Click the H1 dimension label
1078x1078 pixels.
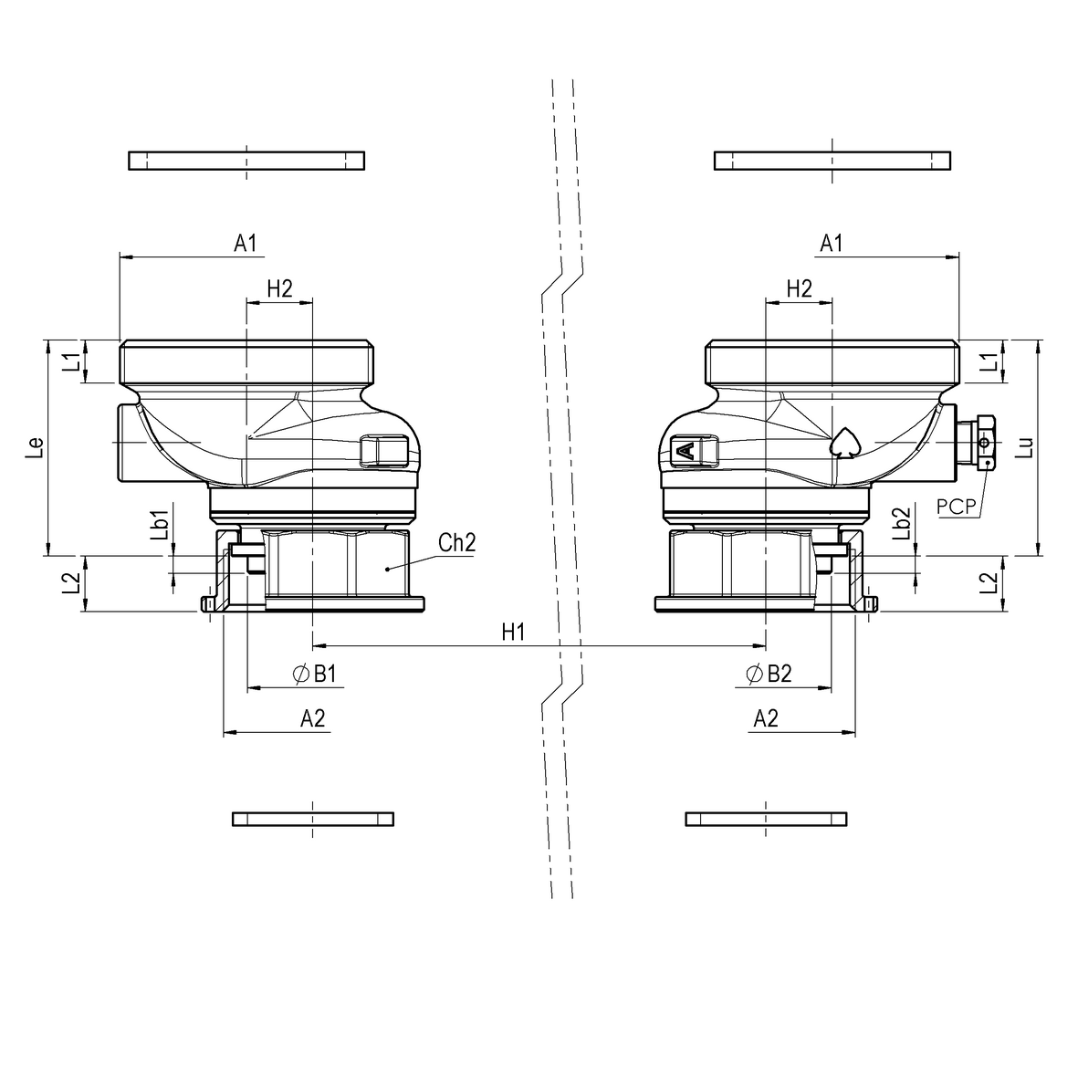click(x=513, y=632)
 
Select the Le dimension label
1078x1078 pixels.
click(x=35, y=446)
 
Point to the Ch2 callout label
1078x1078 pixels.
click(x=456, y=543)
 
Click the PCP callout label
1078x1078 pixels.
click(x=957, y=506)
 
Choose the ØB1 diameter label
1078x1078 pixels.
click(x=316, y=674)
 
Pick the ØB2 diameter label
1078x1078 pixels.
click(x=769, y=674)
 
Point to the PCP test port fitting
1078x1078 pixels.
click(x=982, y=443)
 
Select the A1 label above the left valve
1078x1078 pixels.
click(x=246, y=243)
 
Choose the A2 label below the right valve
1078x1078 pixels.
click(x=766, y=719)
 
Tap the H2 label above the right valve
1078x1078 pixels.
click(x=799, y=288)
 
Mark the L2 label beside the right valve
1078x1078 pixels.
click(x=988, y=583)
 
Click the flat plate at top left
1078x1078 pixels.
click(x=246, y=161)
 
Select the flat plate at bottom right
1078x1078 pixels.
click(x=766, y=818)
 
